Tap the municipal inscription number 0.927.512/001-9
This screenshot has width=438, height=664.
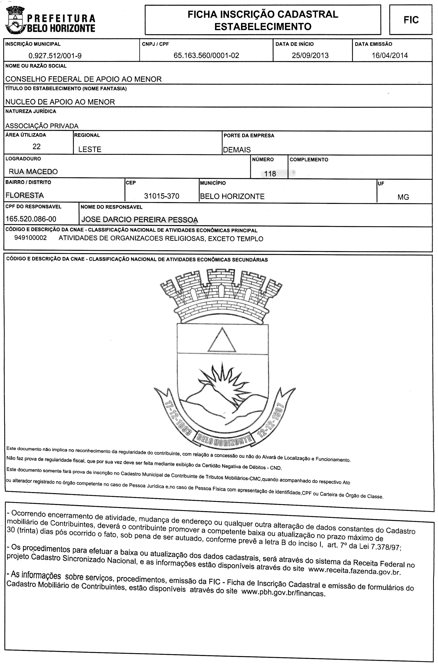(x=55, y=56)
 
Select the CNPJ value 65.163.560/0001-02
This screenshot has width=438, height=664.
(x=206, y=55)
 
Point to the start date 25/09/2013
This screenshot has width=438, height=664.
(x=310, y=55)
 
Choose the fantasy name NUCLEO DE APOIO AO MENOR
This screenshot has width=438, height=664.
(x=60, y=102)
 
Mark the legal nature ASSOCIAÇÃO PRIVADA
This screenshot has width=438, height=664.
(x=42, y=126)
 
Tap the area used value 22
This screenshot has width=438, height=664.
(x=37, y=146)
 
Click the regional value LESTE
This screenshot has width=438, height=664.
(x=90, y=149)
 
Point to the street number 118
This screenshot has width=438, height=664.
(x=270, y=174)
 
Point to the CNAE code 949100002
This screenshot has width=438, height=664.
(x=30, y=238)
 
